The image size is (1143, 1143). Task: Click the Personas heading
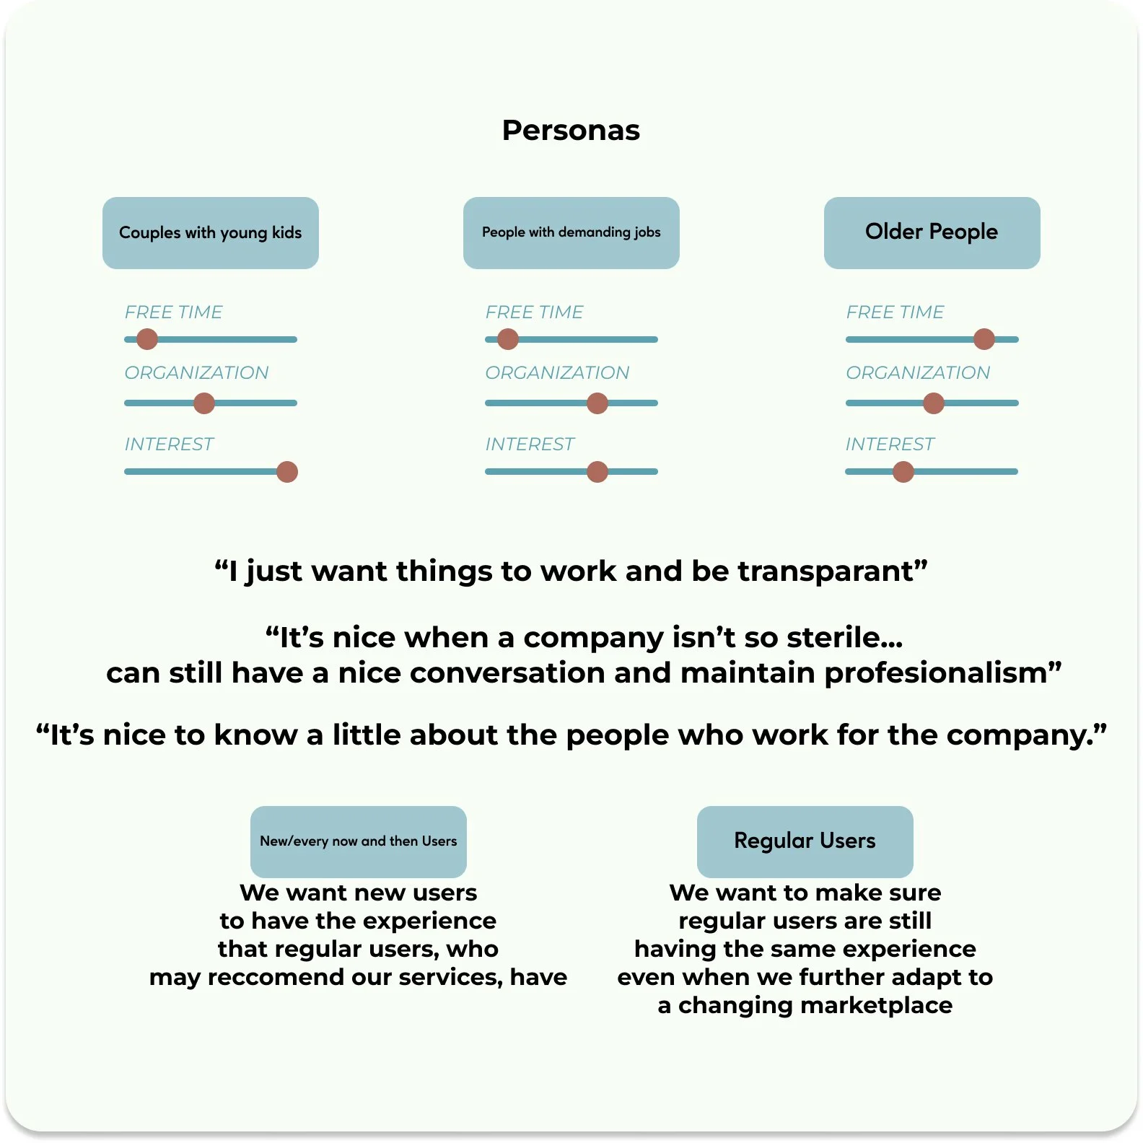pyautogui.click(x=571, y=131)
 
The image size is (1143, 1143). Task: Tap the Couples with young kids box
pyautogui.click(x=210, y=232)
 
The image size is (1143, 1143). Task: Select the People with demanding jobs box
pyautogui.click(x=571, y=232)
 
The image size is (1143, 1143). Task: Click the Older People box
pyautogui.click(x=932, y=232)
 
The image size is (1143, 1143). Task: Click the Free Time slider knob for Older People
pyautogui.click(x=984, y=339)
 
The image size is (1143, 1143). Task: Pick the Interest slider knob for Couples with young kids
pyautogui.click(x=287, y=472)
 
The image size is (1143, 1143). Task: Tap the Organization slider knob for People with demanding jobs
pyautogui.click(x=597, y=403)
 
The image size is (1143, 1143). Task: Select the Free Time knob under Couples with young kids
pyautogui.click(x=147, y=339)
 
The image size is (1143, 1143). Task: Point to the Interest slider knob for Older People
pyautogui.click(x=903, y=472)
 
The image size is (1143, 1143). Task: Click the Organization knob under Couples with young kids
pyautogui.click(x=204, y=403)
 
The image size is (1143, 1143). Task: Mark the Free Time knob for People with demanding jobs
pyautogui.click(x=508, y=339)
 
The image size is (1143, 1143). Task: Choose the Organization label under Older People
pyautogui.click(x=917, y=373)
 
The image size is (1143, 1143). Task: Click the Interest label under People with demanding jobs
pyautogui.click(x=530, y=444)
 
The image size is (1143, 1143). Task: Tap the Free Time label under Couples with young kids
pyautogui.click(x=173, y=312)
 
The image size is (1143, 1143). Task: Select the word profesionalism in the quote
pyautogui.click(x=942, y=673)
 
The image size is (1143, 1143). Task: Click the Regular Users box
pyautogui.click(x=805, y=841)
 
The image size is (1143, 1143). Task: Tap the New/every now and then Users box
pyautogui.click(x=358, y=841)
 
